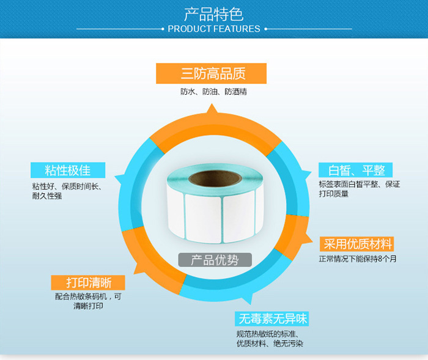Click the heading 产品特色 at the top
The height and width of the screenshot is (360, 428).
[214, 14]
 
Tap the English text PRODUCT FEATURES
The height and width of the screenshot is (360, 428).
[214, 29]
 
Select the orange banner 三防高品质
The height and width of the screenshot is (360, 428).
[211, 73]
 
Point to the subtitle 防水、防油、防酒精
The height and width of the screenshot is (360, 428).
[213, 92]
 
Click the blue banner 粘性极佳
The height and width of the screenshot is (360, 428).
[68, 170]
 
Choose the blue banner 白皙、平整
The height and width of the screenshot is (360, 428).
[355, 170]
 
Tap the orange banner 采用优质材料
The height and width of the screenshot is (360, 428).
[356, 244]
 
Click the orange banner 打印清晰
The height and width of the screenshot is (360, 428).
[88, 282]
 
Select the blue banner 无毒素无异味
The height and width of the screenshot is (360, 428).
[271, 318]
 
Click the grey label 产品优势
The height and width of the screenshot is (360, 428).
[215, 260]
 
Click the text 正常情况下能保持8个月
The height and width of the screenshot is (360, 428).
[358, 259]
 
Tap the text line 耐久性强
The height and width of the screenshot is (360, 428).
[47, 196]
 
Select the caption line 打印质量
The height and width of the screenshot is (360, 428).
[334, 194]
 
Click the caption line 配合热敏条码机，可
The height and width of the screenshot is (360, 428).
[88, 296]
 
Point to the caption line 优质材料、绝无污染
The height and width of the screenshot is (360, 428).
[270, 343]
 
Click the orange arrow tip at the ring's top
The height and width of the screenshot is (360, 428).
[212, 104]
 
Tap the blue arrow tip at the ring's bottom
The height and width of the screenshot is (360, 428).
[250, 304]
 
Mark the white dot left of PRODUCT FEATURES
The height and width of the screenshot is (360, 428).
[163, 29]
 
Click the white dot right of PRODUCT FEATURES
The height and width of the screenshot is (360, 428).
[265, 29]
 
